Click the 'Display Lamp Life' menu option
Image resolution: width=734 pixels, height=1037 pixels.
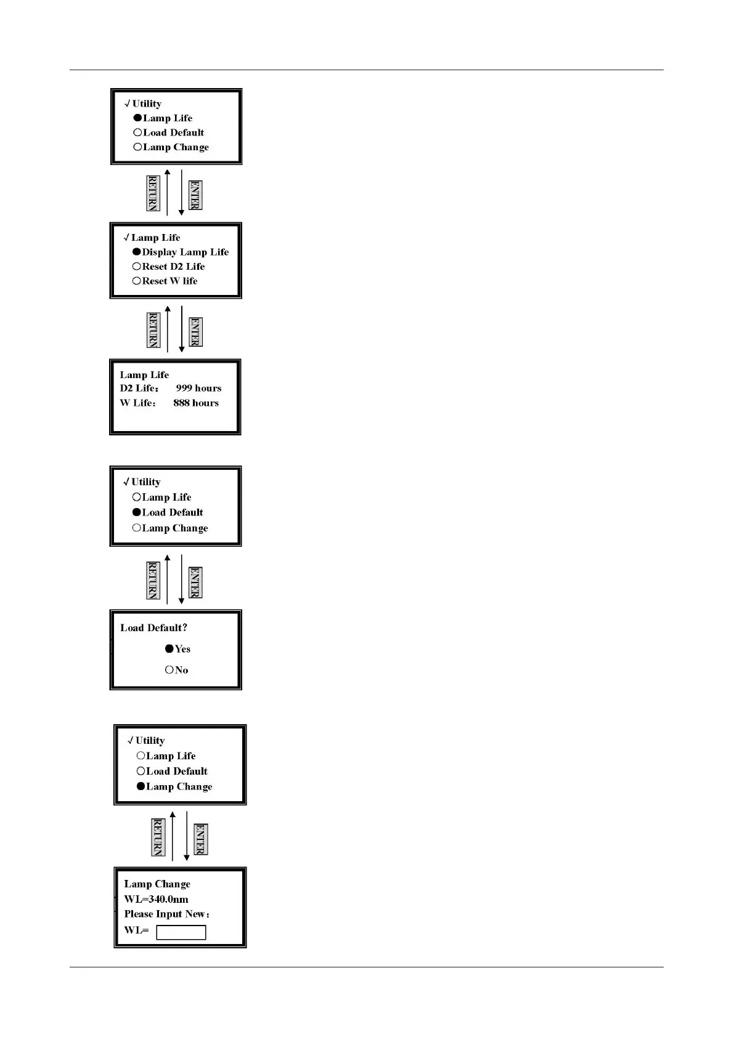185,252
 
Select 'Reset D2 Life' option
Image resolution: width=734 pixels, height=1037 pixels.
173,267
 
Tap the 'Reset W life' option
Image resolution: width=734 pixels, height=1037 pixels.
169,281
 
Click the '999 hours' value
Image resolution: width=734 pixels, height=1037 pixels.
198,389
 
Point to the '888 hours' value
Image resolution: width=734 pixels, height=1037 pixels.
196,403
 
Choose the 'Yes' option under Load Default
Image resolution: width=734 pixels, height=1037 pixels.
182,649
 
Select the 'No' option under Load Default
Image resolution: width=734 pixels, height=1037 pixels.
181,670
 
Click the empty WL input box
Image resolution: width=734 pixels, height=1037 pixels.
181,932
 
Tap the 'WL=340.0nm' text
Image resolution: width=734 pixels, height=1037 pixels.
156,899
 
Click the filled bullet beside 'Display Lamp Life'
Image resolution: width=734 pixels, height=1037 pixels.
136,252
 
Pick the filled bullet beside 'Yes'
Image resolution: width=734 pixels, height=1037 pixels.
169,648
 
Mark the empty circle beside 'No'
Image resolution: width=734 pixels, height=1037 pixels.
169,669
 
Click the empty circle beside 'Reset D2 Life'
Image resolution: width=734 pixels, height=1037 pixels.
136,267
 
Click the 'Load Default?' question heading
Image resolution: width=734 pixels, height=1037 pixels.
153,628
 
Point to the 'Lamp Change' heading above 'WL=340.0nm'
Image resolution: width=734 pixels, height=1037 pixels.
157,884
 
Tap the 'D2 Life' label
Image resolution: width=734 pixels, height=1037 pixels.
139,389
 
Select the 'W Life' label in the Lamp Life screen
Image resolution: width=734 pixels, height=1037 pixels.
137,403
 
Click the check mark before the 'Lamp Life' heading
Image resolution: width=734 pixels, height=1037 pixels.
126,238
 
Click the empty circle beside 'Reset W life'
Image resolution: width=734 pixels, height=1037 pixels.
136,281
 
